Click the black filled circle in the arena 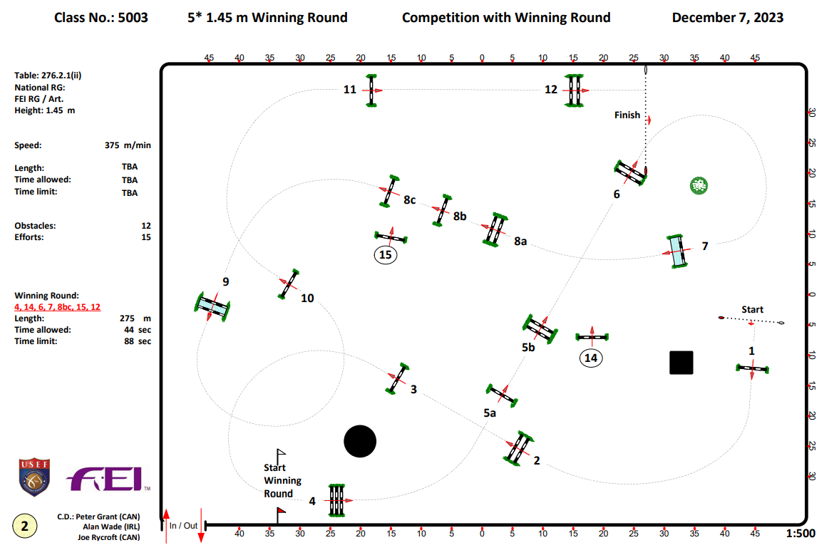click(360, 442)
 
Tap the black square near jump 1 click(681, 362)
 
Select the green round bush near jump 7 click(699, 186)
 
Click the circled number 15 click(386, 254)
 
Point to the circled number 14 click(590, 358)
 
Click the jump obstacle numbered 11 click(371, 90)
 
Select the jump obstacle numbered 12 click(575, 90)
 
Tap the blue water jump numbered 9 click(212, 306)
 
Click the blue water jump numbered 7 click(677, 251)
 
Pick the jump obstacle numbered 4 click(336, 500)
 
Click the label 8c click(409, 200)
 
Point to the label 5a click(490, 413)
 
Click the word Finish click(627, 115)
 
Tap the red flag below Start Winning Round click(281, 510)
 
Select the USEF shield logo click(34, 477)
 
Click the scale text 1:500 click(800, 533)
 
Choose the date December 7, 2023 click(727, 17)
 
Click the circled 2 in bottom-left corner click(25, 527)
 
